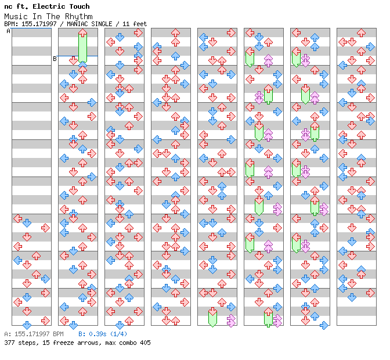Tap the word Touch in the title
coord(78,6)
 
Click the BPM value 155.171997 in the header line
coord(39,24)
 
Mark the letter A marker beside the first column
coord(8,31)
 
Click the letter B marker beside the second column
coord(55,59)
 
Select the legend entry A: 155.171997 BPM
coord(34,334)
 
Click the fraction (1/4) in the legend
coord(118,334)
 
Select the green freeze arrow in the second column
coord(82,46)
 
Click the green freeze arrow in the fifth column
coord(212,318)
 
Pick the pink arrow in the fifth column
coord(231,320)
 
